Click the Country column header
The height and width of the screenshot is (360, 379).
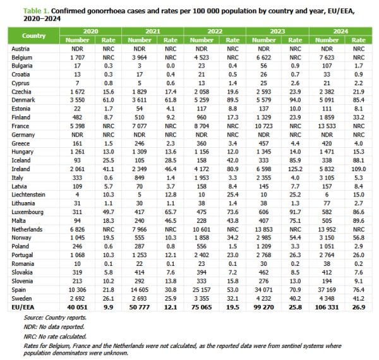coord(33,36)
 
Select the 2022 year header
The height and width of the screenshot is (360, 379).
coord(215,32)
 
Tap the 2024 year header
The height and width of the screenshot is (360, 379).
coord(340,32)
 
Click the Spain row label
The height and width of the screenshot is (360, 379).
coord(18,290)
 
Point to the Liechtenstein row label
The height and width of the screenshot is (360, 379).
coord(28,195)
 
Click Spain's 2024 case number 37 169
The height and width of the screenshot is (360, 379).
coord(327,290)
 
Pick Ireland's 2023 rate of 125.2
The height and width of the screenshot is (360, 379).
coord(295,169)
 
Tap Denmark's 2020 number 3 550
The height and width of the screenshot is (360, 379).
coord(77,100)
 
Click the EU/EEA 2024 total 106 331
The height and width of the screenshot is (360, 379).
coord(327,308)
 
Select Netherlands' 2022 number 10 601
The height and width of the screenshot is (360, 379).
coord(202,229)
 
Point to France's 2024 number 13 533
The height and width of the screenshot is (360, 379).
coord(327,126)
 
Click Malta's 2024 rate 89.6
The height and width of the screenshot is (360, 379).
coord(358,220)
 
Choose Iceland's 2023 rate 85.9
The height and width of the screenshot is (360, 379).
coord(295,160)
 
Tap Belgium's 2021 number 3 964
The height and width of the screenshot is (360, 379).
coord(140,57)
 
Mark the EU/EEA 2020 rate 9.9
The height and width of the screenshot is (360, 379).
coord(108,308)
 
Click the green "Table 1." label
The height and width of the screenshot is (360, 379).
coord(36,11)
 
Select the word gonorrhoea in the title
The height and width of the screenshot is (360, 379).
coord(104,11)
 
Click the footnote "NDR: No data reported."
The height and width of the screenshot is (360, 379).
coord(54,327)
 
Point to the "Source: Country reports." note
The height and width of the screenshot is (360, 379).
coord(55,318)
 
